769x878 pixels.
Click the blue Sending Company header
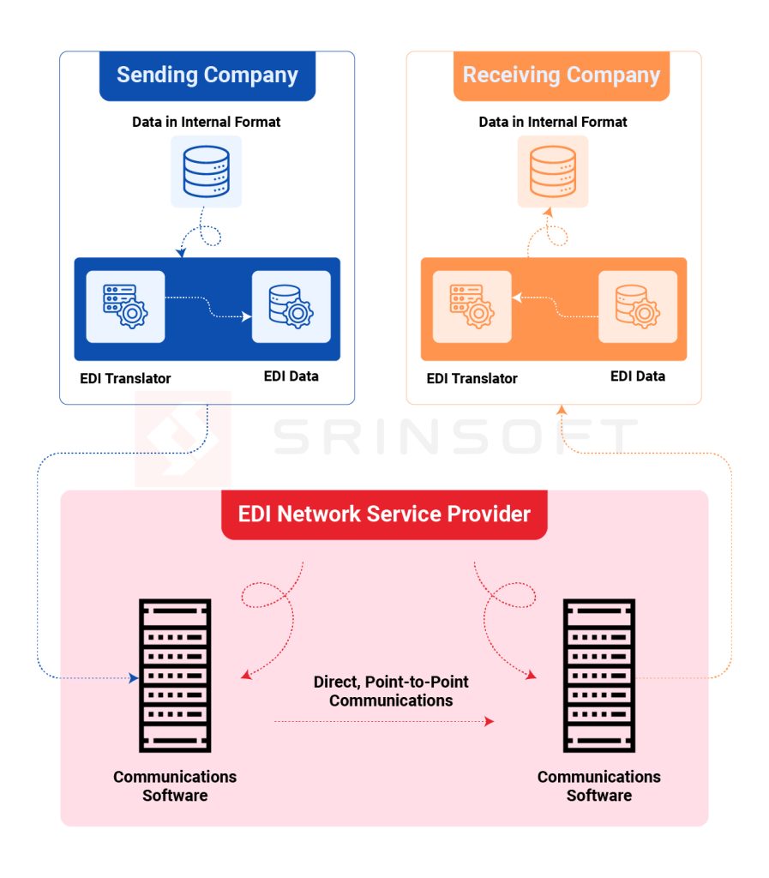tap(207, 75)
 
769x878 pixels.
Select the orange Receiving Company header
tap(561, 75)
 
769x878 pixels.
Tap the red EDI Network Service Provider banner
tap(384, 514)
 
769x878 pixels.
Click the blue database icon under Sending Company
tap(206, 171)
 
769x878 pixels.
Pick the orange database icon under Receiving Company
tap(552, 171)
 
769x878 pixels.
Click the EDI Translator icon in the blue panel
tap(125, 307)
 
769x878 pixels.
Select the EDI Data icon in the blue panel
tap(291, 307)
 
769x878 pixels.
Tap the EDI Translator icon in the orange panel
tap(472, 307)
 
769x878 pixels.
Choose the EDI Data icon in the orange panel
tap(637, 307)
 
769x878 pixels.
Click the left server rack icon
tap(175, 676)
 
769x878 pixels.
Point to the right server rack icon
tap(598, 676)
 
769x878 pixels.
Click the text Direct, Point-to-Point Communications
tap(391, 691)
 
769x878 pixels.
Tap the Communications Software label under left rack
tap(175, 785)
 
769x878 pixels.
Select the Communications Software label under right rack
tap(598, 785)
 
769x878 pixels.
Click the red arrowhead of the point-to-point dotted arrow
tap(490, 722)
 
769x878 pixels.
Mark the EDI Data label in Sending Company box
tap(291, 376)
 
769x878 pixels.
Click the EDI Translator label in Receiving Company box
tap(472, 378)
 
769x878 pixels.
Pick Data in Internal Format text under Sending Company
tap(206, 122)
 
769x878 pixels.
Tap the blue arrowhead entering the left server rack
tap(134, 678)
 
